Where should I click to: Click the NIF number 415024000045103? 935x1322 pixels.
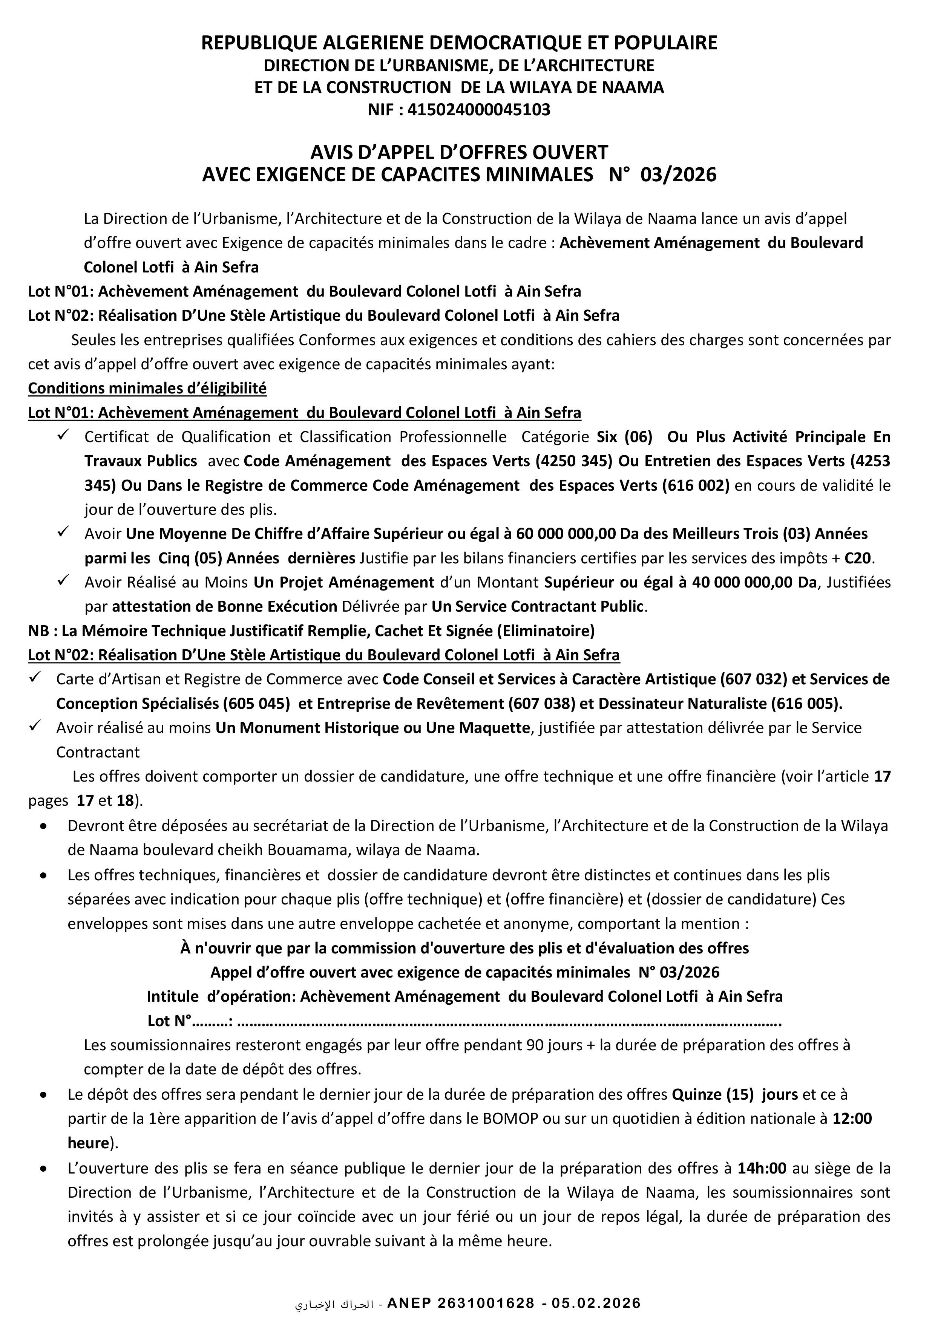[x=479, y=109]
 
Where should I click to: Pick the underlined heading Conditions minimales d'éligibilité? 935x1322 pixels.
[x=147, y=388]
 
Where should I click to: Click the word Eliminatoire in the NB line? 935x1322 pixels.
[x=551, y=631]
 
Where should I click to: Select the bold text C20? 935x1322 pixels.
[x=858, y=558]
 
